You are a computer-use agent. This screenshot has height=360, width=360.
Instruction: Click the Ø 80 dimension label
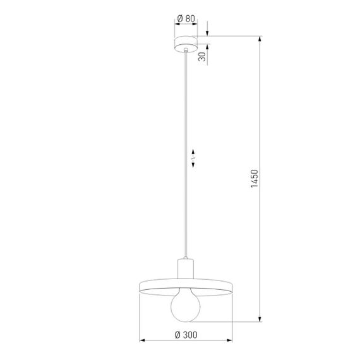[x=185, y=19]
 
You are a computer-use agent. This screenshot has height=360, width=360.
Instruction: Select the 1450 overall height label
[x=255, y=179]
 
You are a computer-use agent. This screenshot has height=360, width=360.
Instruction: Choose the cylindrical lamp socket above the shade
[x=186, y=268]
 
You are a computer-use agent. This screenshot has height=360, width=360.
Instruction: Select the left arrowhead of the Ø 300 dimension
[x=141, y=342]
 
